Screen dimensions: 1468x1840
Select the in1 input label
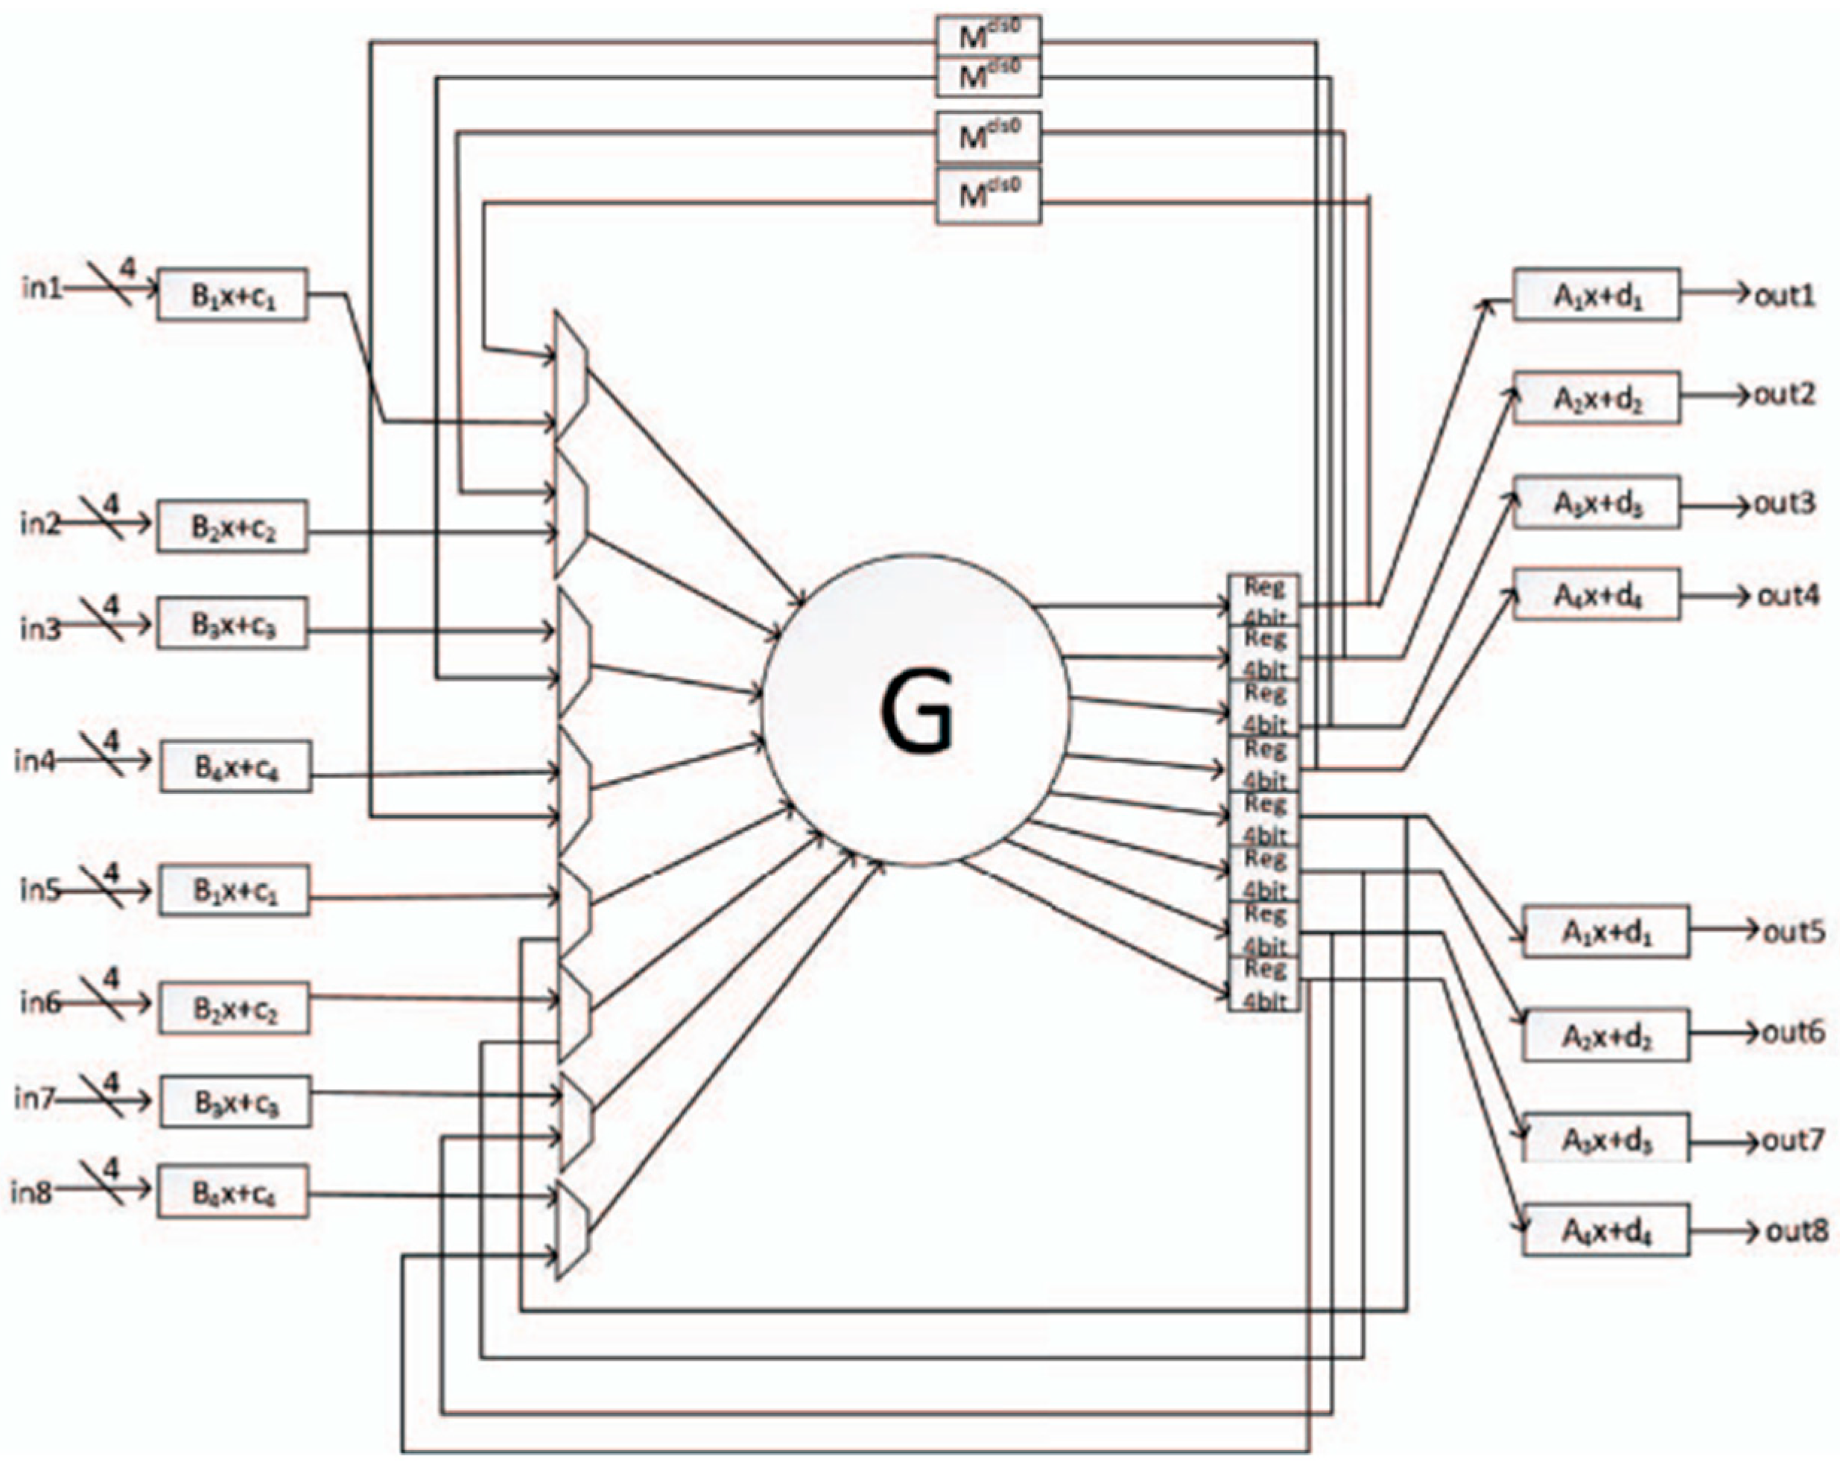[42, 288]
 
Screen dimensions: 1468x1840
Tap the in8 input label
[31, 1192]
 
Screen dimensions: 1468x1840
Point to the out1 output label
[1783, 295]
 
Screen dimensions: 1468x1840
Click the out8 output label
[1798, 1230]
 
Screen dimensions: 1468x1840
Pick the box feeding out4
[1596, 595]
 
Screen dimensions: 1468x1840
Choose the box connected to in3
[233, 625]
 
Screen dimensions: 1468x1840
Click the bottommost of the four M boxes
[989, 197]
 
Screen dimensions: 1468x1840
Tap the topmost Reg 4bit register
[1263, 601]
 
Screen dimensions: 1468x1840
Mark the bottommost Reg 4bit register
[1263, 983]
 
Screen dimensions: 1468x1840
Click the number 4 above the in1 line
[127, 269]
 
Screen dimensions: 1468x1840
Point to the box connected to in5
[234, 890]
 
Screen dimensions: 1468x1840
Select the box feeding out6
[1606, 1035]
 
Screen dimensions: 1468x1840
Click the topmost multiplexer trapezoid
[570, 375]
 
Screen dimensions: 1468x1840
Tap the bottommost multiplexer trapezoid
[572, 1228]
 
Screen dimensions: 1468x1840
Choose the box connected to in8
[233, 1192]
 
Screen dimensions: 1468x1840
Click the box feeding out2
[1596, 398]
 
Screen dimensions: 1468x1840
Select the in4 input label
[35, 760]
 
